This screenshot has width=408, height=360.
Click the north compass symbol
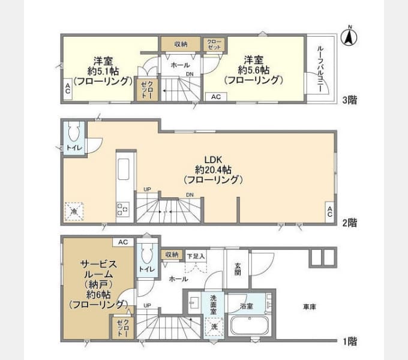349,37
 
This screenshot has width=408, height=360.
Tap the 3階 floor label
349,100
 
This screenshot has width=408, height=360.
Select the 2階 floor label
349,223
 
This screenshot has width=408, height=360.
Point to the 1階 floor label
349,341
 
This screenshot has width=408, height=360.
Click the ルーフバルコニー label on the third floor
320,69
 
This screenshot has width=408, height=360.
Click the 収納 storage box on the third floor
181,44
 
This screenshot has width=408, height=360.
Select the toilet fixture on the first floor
146,254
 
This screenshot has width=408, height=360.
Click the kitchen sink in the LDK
124,169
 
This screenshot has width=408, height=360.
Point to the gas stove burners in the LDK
122,209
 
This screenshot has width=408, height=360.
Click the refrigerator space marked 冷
74,211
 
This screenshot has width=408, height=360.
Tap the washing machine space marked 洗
214,326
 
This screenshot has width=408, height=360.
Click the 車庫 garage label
310,307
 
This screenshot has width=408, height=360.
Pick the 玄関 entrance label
238,269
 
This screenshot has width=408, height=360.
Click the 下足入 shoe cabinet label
196,256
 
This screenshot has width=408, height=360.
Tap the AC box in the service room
123,242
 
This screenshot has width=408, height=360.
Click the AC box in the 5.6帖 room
216,97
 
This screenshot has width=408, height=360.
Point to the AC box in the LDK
329,212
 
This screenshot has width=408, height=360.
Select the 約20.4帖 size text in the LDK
213,170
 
